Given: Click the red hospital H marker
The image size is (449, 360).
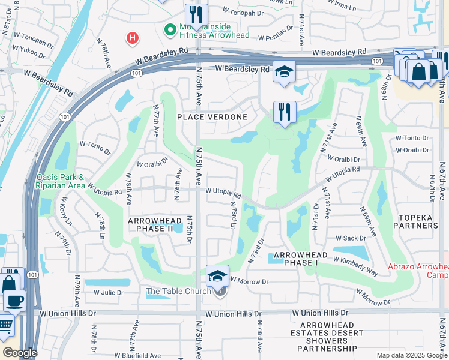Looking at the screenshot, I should [132, 39].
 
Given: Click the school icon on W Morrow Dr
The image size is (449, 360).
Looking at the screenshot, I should [217, 276].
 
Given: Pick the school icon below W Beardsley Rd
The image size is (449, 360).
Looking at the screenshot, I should [284, 72].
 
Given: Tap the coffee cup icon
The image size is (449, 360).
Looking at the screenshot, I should [15, 300].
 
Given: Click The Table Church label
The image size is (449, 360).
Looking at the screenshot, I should [179, 292].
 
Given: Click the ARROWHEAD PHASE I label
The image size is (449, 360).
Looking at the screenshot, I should [300, 259].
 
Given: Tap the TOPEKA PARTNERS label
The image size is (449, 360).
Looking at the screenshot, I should [415, 221].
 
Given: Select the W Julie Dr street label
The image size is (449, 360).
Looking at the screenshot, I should [108, 293].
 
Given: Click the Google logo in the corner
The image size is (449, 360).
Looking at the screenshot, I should [20, 353].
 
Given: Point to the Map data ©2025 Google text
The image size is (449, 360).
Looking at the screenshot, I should [412, 355].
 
